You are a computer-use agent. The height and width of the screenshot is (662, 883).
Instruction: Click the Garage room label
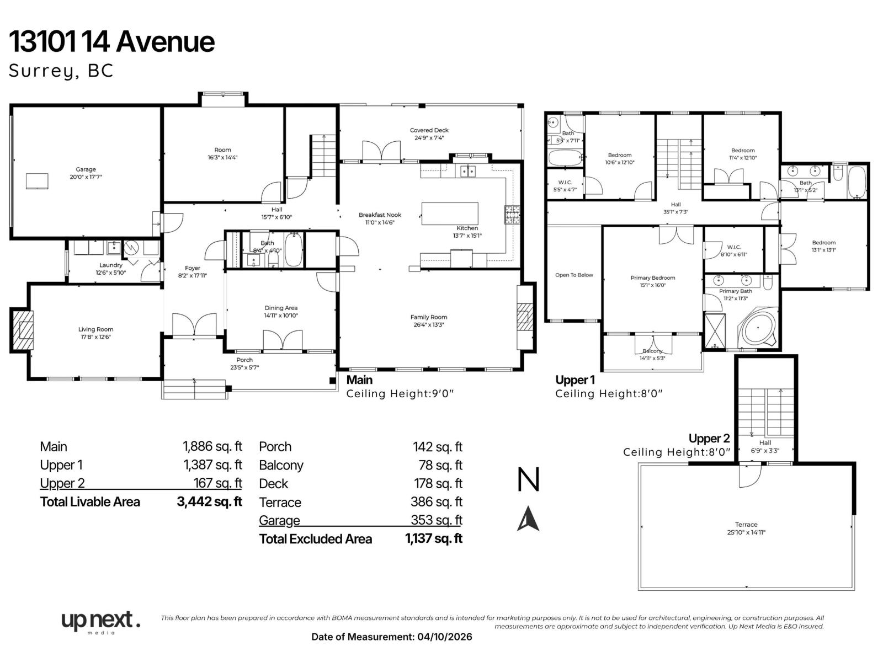point(86,169)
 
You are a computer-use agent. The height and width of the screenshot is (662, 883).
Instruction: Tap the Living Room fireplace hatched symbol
point(22,330)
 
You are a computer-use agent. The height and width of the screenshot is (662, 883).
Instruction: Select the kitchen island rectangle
point(450,213)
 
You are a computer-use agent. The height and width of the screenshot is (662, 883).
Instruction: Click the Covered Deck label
point(429,131)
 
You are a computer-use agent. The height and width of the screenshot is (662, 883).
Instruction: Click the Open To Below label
point(574,275)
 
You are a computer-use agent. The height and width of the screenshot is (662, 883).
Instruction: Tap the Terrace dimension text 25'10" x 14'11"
point(746,532)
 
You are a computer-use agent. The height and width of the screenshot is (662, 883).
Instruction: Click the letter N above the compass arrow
point(528,479)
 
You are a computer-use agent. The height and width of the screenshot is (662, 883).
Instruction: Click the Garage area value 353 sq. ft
point(436,520)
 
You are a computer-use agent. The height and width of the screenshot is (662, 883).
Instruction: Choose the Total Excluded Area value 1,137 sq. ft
point(433,539)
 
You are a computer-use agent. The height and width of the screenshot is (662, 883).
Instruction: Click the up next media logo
point(100,622)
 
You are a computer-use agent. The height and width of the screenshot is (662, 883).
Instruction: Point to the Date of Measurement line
point(392,637)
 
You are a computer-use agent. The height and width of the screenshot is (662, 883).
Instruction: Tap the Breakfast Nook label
point(380,215)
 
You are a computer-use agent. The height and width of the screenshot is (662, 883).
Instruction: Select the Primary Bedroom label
point(653,278)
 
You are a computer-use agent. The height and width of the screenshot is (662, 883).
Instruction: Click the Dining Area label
point(281,308)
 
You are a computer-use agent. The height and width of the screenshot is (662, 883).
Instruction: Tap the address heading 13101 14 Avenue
point(112,42)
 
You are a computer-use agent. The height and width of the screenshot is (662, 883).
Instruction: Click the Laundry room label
point(111,265)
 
